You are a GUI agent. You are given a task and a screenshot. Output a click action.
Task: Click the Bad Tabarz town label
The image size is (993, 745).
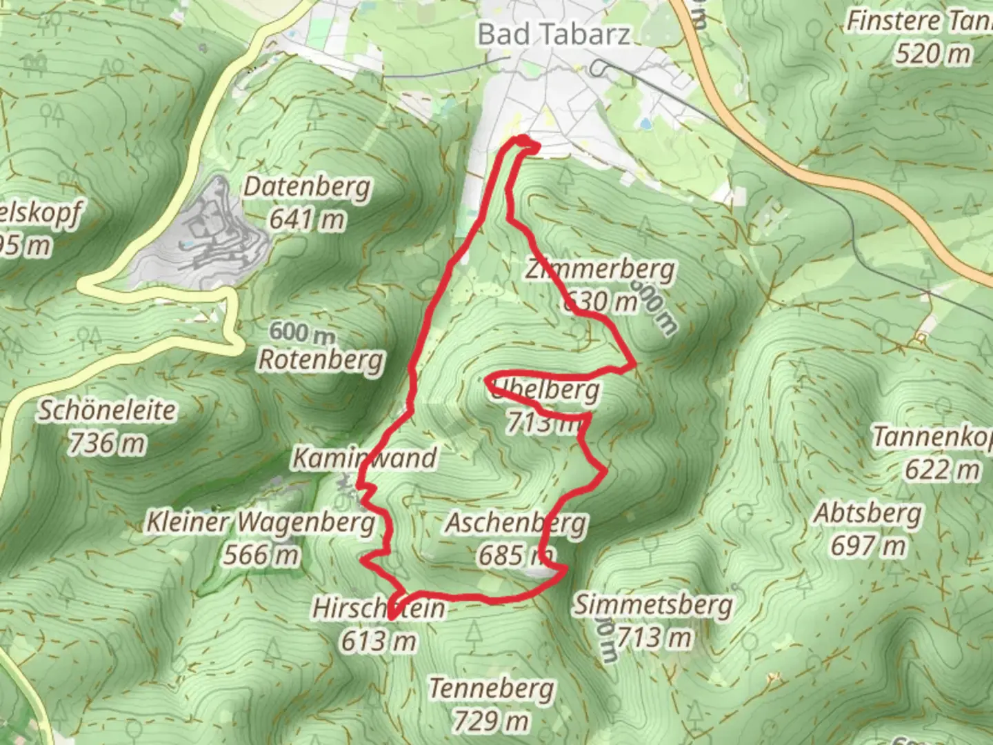(x=554, y=34)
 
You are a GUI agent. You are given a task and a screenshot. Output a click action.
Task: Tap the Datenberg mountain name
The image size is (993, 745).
(x=307, y=187)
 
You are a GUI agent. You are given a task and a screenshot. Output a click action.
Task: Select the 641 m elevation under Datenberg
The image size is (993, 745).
(x=307, y=219)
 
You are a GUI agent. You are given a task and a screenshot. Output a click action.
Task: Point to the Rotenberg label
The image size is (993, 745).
(x=321, y=360)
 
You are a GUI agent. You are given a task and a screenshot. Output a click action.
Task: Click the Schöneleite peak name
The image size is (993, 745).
(x=107, y=410)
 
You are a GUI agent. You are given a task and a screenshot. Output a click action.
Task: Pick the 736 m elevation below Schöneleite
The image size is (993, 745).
(x=107, y=443)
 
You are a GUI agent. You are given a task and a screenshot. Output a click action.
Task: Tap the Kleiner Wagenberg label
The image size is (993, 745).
(x=261, y=522)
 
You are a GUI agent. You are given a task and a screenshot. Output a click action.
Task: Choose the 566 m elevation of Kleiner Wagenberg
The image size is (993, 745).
(x=261, y=555)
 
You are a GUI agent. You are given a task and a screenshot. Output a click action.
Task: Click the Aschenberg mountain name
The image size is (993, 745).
(x=516, y=523)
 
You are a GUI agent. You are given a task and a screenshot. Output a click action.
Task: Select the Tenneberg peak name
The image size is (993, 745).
(x=491, y=688)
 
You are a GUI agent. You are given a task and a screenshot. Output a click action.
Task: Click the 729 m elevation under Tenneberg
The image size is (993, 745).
(x=491, y=722)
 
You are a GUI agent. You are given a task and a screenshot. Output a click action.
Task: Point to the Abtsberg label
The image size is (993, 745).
(x=867, y=514)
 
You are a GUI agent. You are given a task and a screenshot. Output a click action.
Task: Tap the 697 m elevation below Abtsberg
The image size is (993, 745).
(x=867, y=546)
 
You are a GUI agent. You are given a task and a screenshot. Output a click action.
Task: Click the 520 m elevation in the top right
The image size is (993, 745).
(x=932, y=54)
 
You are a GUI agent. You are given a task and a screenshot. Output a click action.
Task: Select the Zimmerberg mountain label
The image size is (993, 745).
(x=600, y=270)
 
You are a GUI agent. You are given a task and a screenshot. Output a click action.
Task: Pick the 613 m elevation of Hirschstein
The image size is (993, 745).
(x=379, y=641)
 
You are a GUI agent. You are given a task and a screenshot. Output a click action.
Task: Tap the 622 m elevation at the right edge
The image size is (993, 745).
(x=942, y=470)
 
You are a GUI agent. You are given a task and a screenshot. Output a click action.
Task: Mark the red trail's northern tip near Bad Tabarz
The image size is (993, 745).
(x=524, y=141)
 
